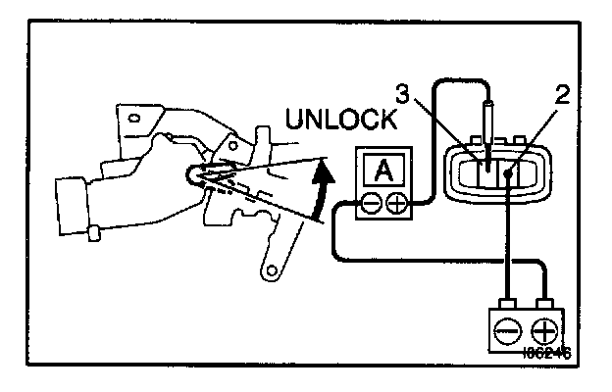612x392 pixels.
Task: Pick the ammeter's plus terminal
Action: tap(396, 204)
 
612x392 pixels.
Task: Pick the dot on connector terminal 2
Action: tap(507, 176)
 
